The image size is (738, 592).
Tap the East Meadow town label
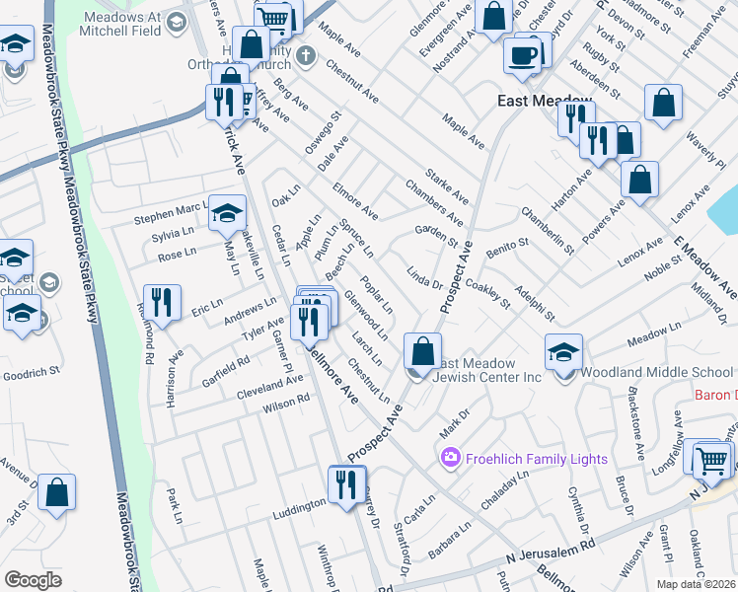pyautogui.click(x=542, y=102)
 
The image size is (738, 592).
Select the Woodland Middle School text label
pyautogui.click(x=656, y=372)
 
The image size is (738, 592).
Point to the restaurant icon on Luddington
pyautogui.click(x=345, y=484)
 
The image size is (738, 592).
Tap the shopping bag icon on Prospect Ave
pyautogui.click(x=422, y=351)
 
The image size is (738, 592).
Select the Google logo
pyautogui.click(x=33, y=579)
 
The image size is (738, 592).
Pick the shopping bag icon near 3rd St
pyautogui.click(x=58, y=492)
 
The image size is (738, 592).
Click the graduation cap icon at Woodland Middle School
pyautogui.click(x=563, y=352)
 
